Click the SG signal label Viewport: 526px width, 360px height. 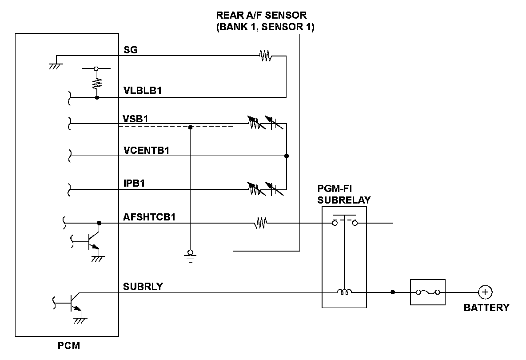[x=131, y=50]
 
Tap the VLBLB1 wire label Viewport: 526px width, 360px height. [x=142, y=91]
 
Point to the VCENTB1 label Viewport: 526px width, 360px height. [x=147, y=150]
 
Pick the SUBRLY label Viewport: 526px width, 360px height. [x=143, y=287]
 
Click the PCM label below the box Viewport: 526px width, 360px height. [x=69, y=345]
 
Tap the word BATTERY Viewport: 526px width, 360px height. [x=486, y=308]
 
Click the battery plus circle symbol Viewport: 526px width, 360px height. [x=485, y=292]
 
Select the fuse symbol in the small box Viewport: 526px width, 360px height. [x=427, y=292]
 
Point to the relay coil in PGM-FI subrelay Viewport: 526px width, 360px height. [x=344, y=292]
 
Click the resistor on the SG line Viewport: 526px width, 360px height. [x=265, y=56]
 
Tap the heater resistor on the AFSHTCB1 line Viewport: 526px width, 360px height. [x=260, y=224]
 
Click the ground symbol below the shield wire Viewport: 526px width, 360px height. [x=191, y=255]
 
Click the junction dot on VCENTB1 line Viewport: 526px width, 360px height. [x=287, y=156]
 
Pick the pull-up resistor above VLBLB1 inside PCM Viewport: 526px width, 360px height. [x=97, y=83]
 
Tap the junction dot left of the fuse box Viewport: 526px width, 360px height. [x=393, y=292]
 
